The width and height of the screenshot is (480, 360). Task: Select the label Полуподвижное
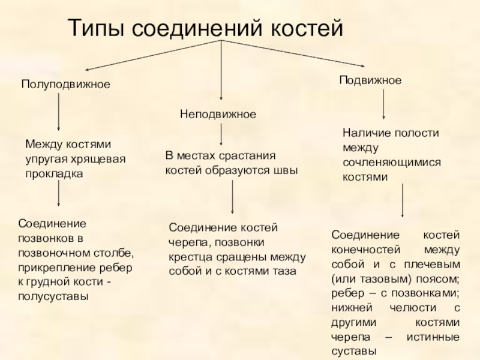[x=66, y=85]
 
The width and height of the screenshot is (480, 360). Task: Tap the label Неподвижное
[x=218, y=113]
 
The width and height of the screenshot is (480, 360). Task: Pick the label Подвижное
[x=370, y=80]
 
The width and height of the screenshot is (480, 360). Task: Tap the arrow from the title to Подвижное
[x=294, y=53]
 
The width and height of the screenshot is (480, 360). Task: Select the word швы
[x=285, y=170]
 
